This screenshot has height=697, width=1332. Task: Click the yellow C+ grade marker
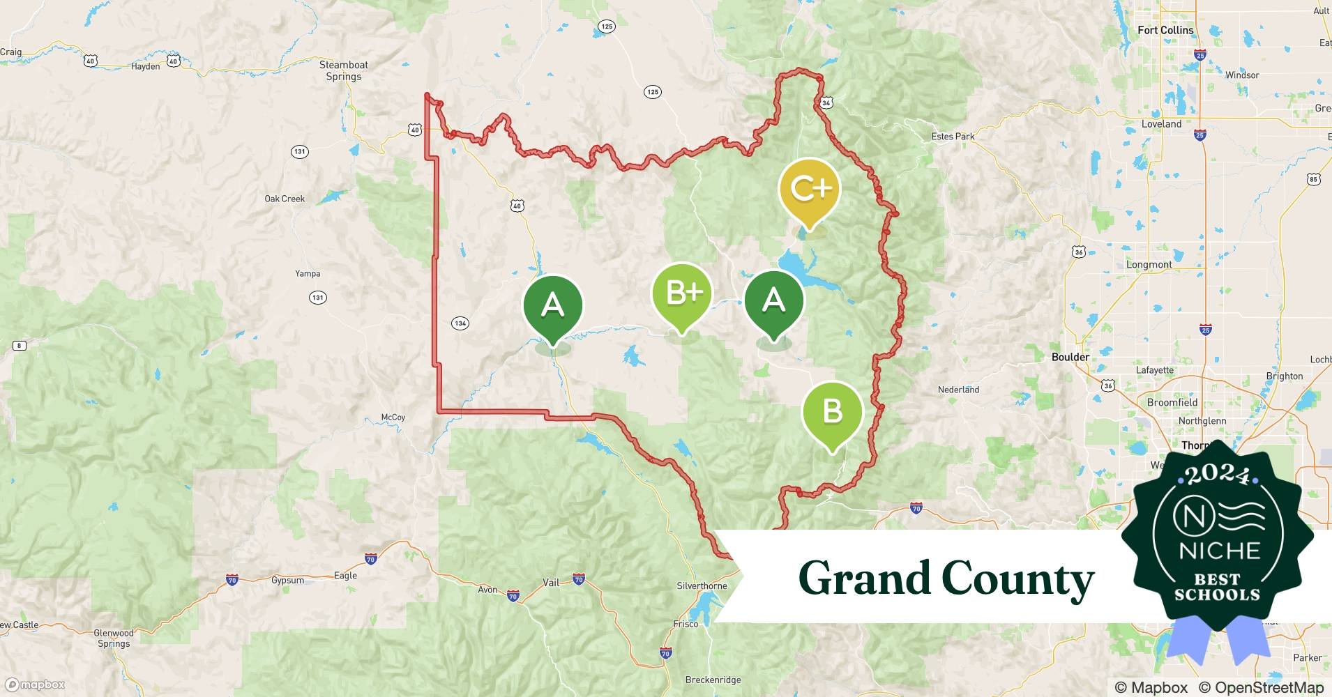(810, 190)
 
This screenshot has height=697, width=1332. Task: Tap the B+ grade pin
(682, 293)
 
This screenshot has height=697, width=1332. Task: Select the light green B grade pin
(832, 412)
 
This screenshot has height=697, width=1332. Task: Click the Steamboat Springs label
(344, 70)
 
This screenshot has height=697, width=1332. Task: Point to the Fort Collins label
(1165, 30)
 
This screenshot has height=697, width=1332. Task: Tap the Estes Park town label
(953, 137)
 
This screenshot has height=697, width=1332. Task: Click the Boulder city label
(1070, 357)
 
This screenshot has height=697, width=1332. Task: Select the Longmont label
(1149, 265)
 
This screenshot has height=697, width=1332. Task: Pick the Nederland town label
(958, 390)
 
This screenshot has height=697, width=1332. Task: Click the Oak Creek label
(285, 199)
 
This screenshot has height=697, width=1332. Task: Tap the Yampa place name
(308, 273)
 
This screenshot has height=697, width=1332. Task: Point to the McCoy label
(393, 418)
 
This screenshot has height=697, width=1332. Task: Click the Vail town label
(551, 583)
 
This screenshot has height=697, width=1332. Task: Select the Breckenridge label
(713, 680)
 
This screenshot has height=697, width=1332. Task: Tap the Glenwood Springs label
(114, 638)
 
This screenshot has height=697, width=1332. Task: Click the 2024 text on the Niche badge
(1218, 474)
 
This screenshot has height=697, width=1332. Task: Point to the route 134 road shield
(460, 323)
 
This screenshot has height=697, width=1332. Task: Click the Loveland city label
(1161, 124)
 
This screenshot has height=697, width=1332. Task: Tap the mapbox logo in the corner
(35, 684)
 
